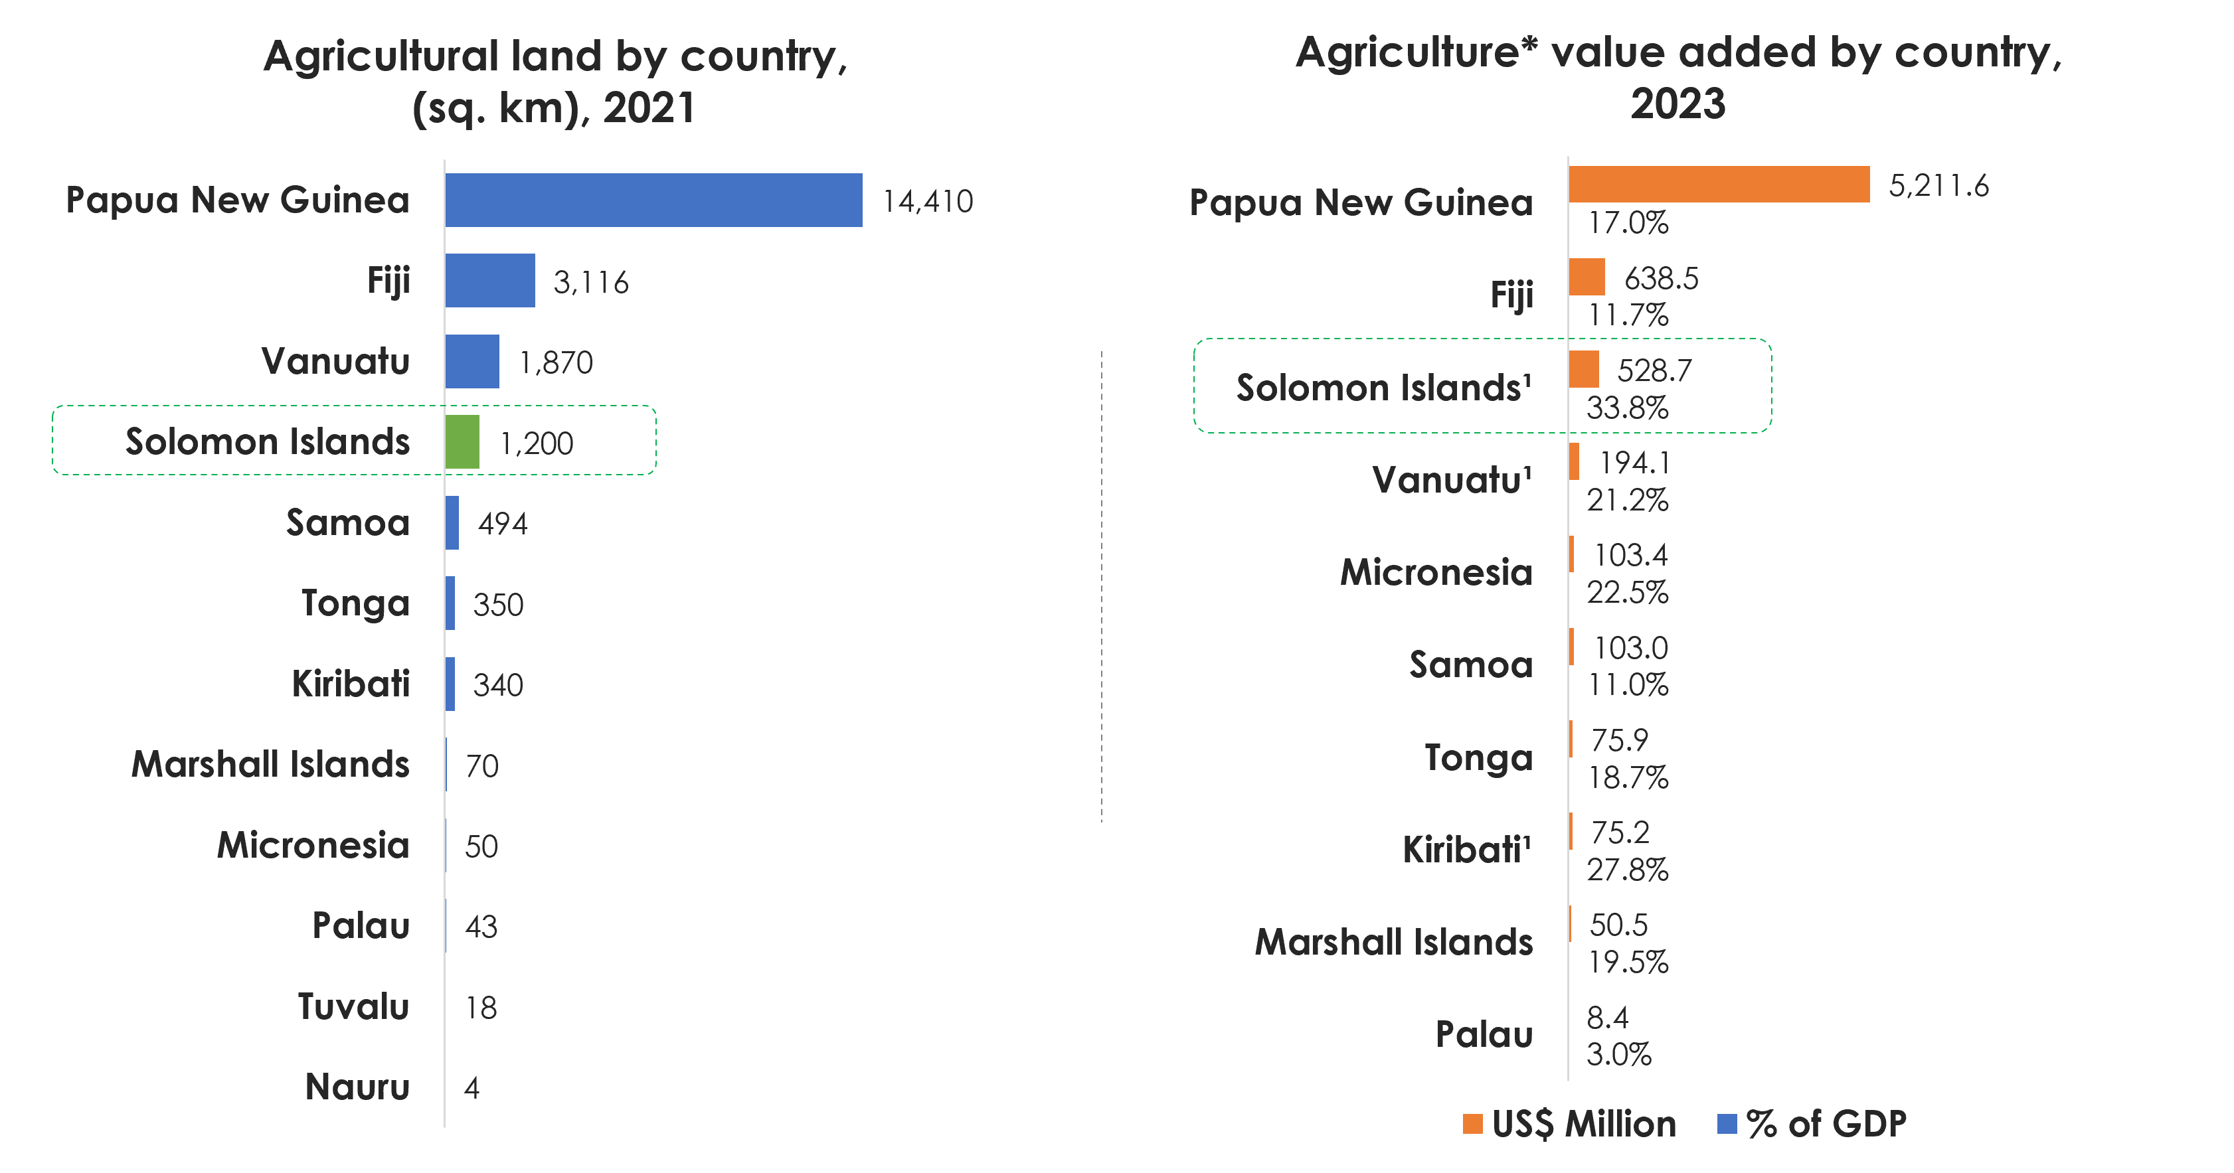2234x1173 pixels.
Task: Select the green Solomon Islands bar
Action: (x=462, y=442)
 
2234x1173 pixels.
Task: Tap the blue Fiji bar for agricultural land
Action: (x=490, y=281)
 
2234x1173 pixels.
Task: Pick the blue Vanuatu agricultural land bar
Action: (x=472, y=362)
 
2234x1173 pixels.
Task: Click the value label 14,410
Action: (x=927, y=202)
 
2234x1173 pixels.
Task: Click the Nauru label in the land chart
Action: (x=357, y=1087)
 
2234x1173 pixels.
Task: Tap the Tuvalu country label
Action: (x=353, y=1006)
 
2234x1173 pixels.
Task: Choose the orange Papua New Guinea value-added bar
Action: (x=1718, y=185)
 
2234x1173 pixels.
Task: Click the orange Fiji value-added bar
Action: (x=1586, y=277)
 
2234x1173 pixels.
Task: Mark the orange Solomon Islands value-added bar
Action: (x=1584, y=369)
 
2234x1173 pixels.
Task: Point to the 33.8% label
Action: (x=1627, y=408)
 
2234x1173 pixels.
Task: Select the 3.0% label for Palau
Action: (x=1618, y=1055)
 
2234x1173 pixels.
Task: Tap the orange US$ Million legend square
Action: (x=1472, y=1125)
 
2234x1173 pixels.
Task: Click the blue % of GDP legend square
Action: (x=1727, y=1125)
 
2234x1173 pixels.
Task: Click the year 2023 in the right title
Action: (x=1678, y=104)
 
